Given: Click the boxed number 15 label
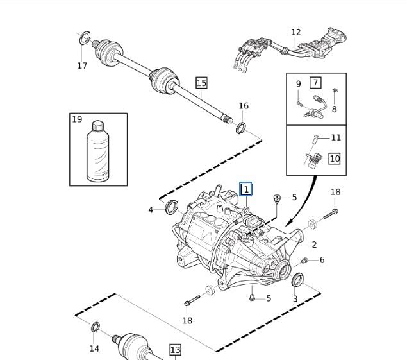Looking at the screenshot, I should coord(201,83).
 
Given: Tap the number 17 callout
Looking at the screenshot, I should coord(82,65).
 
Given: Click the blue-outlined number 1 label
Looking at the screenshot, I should coord(245,189).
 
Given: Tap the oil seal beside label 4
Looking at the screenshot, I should coord(171,207).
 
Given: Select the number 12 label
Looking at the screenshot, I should coord(295,32).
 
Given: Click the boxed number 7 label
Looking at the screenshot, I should coord(315,83).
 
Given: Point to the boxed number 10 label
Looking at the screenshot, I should coord(335,158).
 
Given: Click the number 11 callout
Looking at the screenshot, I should coord(336,137).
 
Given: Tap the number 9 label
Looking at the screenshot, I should coord(298,84).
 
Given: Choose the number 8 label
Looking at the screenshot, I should coord(334,110).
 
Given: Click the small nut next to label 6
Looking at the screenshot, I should coord(305,260).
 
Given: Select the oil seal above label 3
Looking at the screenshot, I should coord(296,280).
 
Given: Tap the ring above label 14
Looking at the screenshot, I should coord(95,328).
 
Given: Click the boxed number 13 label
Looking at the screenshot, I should coord(175,350).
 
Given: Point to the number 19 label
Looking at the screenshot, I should coord(78,119).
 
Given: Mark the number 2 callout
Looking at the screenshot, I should coord(314,244).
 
